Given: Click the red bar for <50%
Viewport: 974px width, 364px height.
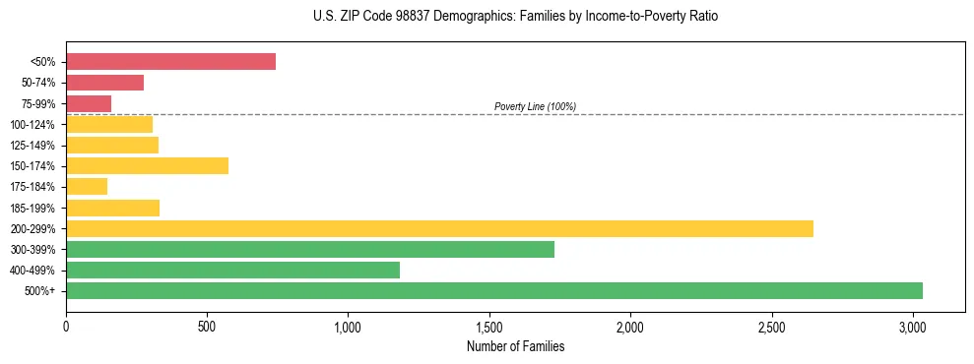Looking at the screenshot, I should pos(170,61).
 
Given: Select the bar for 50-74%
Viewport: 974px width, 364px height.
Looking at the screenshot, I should pos(104,83).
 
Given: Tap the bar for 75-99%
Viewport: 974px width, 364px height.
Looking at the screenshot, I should pos(89,103).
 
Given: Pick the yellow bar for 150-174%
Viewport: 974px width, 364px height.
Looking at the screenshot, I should pos(147,165).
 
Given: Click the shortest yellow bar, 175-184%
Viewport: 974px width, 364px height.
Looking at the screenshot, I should pos(87,187).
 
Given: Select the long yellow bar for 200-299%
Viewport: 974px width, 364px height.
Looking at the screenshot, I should pos(439,228).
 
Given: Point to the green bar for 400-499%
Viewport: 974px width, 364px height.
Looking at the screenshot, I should pos(232,270).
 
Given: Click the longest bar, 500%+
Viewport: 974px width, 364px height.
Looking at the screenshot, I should pos(493,290).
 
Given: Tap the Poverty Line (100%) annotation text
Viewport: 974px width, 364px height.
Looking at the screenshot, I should pos(535,106).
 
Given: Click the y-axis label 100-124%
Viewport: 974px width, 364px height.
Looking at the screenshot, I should pos(32,125).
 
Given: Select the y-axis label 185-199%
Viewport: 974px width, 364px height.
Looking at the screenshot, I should pos(32,209).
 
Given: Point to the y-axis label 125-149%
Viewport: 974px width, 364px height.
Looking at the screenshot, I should pos(32,146).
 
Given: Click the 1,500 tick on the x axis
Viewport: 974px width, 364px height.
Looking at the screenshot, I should pos(489,326).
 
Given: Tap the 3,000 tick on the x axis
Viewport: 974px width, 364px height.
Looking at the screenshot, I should pos(913,326).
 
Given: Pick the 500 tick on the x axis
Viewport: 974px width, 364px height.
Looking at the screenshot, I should pos(207,326).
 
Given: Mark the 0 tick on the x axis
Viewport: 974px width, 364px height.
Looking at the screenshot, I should pos(66,326).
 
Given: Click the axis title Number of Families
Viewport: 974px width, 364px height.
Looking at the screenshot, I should pos(515,346).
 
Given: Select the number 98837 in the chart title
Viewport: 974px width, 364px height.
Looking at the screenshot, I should pos(404,17).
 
